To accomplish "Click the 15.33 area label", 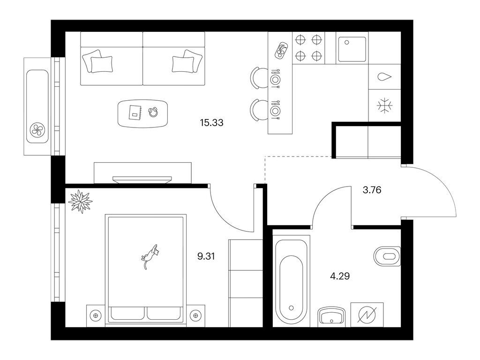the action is tap(211, 123).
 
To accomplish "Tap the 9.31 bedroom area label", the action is tap(206, 256).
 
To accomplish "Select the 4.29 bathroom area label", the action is tap(340, 276).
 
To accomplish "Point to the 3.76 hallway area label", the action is tap(372, 190).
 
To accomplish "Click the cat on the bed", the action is tap(150, 255).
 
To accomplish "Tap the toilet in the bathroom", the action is tap(387, 256).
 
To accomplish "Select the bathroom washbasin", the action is tap(331, 316).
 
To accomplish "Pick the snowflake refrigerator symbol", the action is tap(384, 106).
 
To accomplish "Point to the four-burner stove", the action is tap(308, 48).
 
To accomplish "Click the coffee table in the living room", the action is tap(143, 113).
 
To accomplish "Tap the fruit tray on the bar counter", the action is tap(281, 49).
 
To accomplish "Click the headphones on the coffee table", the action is tap(153, 112).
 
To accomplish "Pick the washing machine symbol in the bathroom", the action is tap(367, 315).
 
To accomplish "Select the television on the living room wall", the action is tap(142, 180).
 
